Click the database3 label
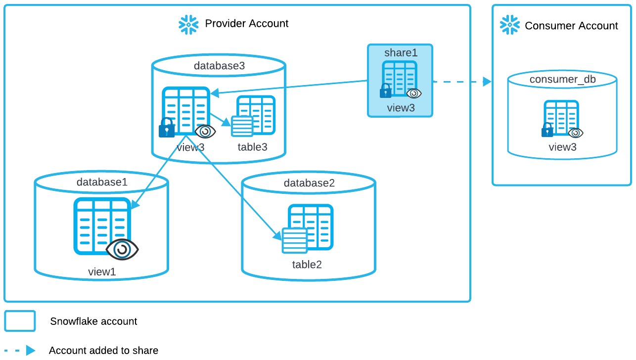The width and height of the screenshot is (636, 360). pyautogui.click(x=219, y=66)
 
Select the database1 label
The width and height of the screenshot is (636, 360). pyautogui.click(x=102, y=182)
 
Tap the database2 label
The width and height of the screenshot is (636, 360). pyautogui.click(x=309, y=183)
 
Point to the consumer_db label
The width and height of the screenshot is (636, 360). pyautogui.click(x=562, y=79)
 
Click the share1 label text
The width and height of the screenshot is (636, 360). pyautogui.click(x=401, y=52)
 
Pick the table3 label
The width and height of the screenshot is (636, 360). pyautogui.click(x=252, y=147)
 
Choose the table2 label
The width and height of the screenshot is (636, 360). pyautogui.click(x=307, y=265)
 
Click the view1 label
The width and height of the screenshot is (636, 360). pyautogui.click(x=102, y=271)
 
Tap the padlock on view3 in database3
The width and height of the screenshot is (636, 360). pyautogui.click(x=167, y=128)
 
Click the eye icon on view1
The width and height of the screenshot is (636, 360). pyautogui.click(x=122, y=249)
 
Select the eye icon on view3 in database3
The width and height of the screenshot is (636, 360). pyautogui.click(x=205, y=132)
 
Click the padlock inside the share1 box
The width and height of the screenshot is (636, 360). pyautogui.click(x=385, y=91)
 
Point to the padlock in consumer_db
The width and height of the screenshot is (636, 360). pyautogui.click(x=547, y=131)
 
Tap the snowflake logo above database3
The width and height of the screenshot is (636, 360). pyautogui.click(x=188, y=25)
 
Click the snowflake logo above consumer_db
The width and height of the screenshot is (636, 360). pyautogui.click(x=510, y=25)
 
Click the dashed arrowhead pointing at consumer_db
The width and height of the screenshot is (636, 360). pyautogui.click(x=487, y=82)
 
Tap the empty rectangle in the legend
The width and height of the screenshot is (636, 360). pyautogui.click(x=20, y=321)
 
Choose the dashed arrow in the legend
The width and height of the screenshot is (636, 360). pyautogui.click(x=20, y=350)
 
